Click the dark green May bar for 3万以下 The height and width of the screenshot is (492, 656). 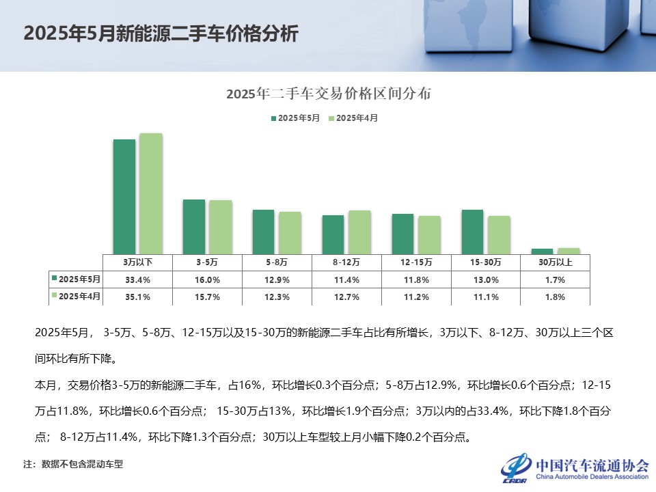pyautogui.click(x=124, y=196)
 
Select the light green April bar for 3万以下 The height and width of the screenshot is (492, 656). pyautogui.click(x=150, y=193)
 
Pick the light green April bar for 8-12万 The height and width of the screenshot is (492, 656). pyautogui.click(x=359, y=232)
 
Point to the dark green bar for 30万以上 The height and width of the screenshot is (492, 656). pyautogui.click(x=542, y=251)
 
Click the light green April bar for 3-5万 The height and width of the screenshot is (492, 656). pyautogui.click(x=220, y=227)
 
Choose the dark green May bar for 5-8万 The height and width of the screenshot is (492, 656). pyautogui.click(x=263, y=232)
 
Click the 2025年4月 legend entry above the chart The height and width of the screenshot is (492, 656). pyautogui.click(x=353, y=118)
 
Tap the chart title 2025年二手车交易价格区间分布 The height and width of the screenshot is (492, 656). pyautogui.click(x=329, y=94)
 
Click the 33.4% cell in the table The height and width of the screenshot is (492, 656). pyautogui.click(x=137, y=279)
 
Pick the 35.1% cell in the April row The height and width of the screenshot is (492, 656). pyautogui.click(x=137, y=297)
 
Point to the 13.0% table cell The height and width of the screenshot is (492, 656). pyautogui.click(x=486, y=279)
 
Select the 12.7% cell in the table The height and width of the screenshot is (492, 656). pyautogui.click(x=346, y=297)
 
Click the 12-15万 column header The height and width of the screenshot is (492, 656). pyautogui.click(x=416, y=262)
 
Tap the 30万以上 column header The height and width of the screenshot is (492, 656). pyautogui.click(x=556, y=262)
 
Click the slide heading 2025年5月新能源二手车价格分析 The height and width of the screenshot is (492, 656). pyautogui.click(x=161, y=34)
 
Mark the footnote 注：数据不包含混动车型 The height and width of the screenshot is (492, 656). pyautogui.click(x=73, y=464)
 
